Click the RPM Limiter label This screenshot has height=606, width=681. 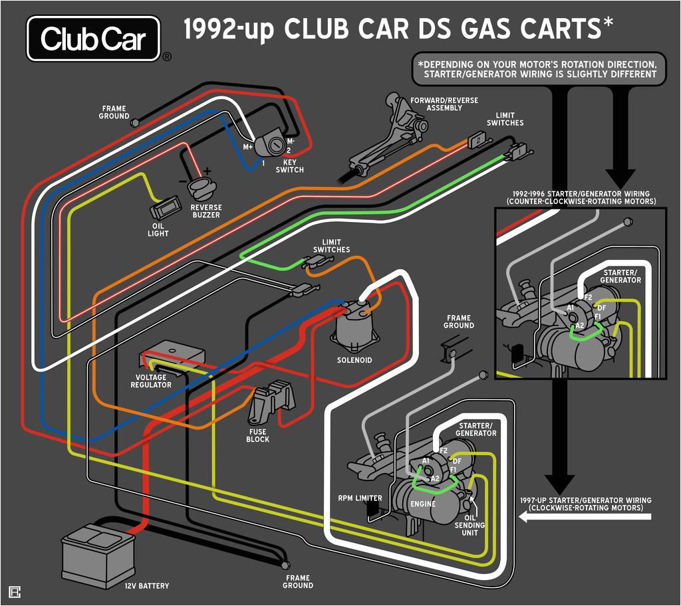(360, 498)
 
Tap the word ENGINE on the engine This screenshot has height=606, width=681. (422, 504)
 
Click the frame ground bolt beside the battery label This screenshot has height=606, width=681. (286, 565)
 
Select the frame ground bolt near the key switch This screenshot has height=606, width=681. (135, 123)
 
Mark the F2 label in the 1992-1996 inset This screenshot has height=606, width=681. (588, 297)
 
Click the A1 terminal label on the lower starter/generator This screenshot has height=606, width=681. (425, 460)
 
